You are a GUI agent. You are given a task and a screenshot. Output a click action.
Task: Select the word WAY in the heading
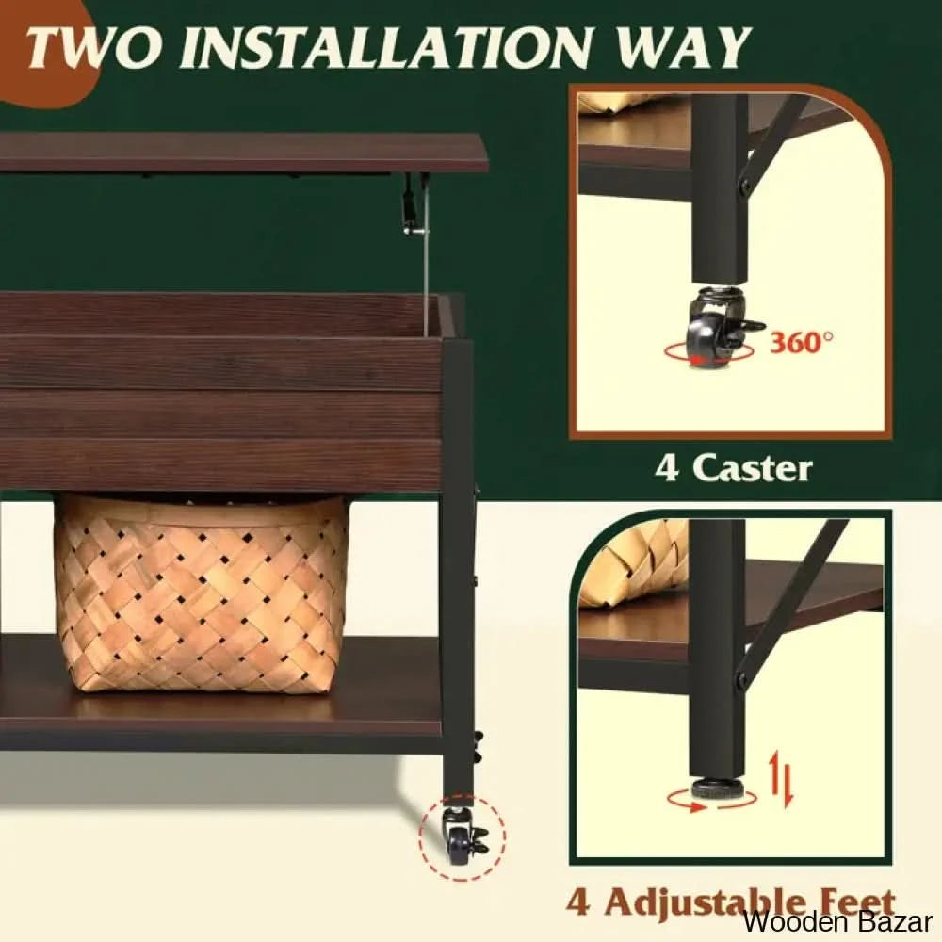pos(686,47)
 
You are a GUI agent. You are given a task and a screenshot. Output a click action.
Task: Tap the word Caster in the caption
pos(752,468)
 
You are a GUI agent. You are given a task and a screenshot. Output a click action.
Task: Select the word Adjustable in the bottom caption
pos(703,904)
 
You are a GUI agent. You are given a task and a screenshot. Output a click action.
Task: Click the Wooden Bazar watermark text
pos(837,921)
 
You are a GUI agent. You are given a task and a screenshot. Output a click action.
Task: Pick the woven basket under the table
pos(201,593)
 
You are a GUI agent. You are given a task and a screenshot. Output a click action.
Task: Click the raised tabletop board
pos(242,153)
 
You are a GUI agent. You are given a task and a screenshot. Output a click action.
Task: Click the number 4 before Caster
pos(667,468)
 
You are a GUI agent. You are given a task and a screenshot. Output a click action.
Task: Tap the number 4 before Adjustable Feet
pos(578,903)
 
